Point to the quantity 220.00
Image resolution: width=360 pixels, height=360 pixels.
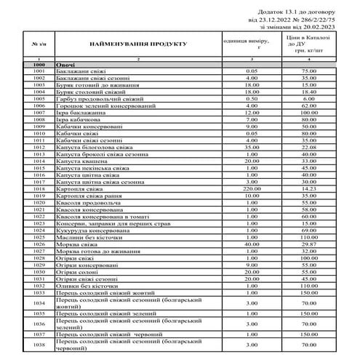(252, 188)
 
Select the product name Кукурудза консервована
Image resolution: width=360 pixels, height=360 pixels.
(91, 229)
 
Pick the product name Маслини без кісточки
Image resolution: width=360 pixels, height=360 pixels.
(87, 236)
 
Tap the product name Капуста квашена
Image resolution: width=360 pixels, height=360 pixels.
(81, 161)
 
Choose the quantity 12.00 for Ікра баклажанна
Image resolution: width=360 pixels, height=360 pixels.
(252, 113)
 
